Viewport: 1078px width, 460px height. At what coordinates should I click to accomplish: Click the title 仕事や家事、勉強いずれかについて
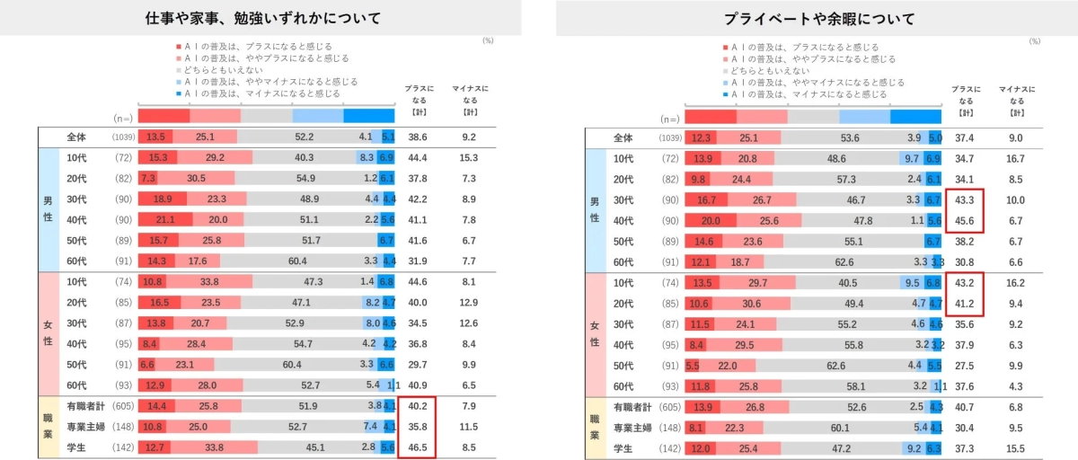[262, 18]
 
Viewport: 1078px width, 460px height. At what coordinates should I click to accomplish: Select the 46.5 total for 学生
[417, 447]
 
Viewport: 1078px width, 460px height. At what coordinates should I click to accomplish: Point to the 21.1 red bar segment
[165, 220]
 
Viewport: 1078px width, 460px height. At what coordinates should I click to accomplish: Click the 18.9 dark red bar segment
[163, 199]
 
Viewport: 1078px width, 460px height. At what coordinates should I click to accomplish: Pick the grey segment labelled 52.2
[304, 137]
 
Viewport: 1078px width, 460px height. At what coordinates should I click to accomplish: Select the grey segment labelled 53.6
[850, 137]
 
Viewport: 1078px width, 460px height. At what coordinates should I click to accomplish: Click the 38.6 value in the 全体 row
[417, 137]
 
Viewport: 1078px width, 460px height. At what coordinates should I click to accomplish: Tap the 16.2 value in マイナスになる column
[1016, 282]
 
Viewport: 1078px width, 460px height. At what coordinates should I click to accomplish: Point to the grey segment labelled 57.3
[844, 179]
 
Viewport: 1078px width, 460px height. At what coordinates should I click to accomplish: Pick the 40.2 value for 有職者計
[417, 406]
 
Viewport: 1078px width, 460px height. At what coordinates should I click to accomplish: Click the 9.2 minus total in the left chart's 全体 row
[469, 137]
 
